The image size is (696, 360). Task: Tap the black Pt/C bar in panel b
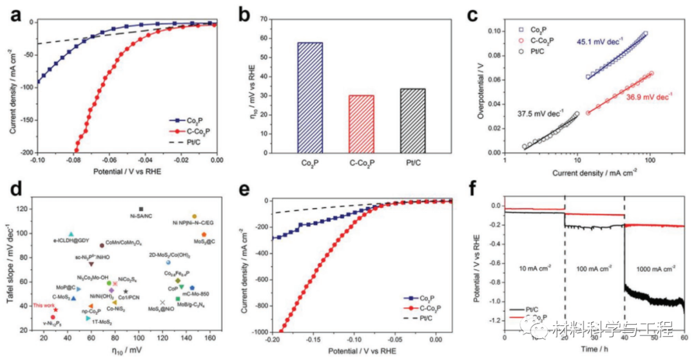tap(417, 120)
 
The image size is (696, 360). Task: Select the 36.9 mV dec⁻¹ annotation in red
tap(648, 97)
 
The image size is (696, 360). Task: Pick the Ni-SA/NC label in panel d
tap(141, 216)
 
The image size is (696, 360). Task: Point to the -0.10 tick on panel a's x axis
tap(37, 161)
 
